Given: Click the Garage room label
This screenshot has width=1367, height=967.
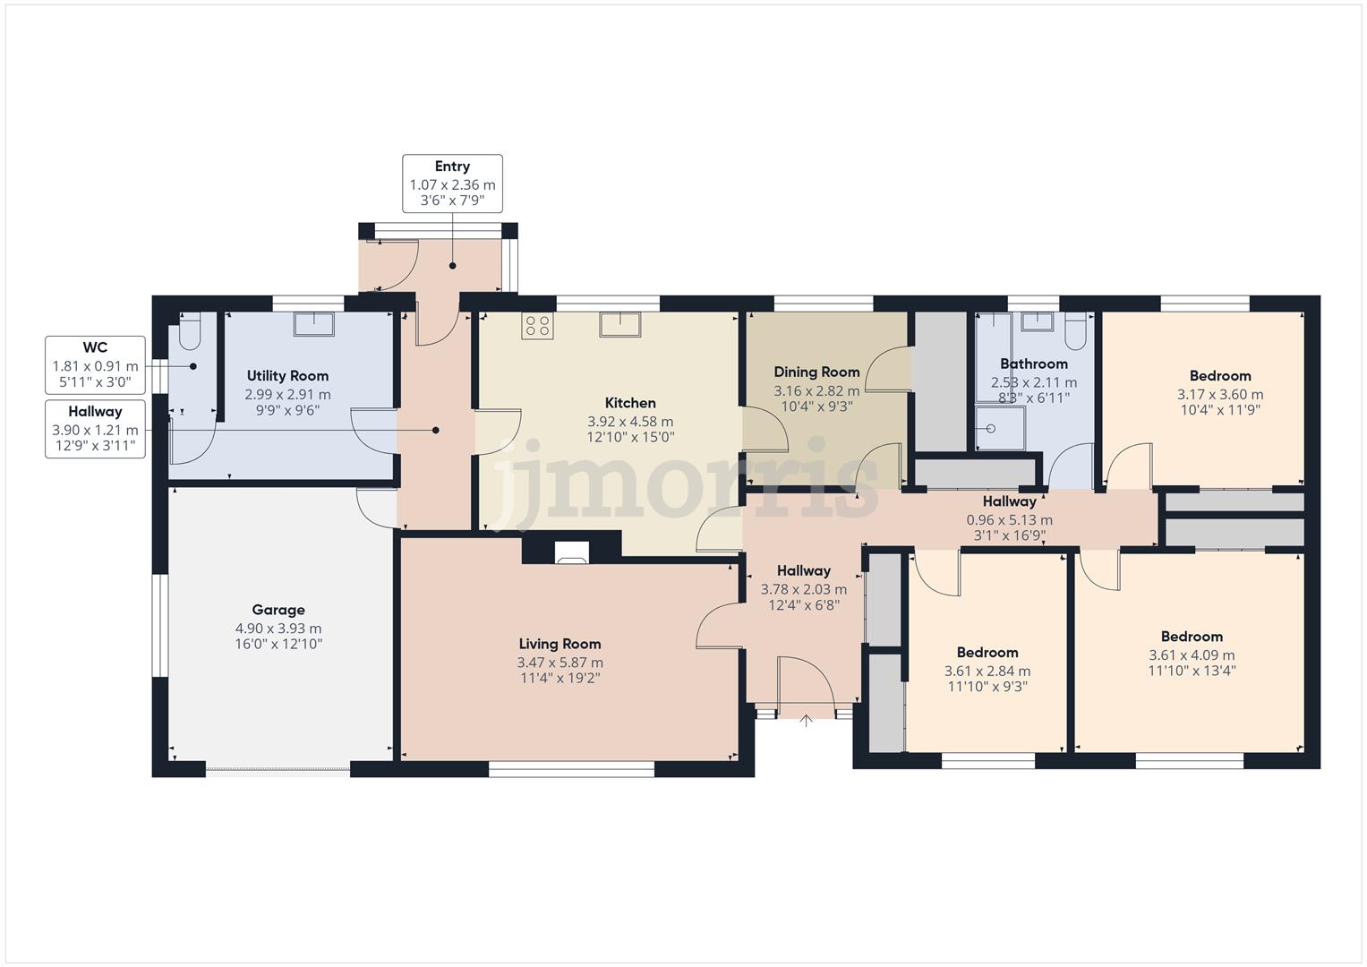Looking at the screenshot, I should click(278, 610).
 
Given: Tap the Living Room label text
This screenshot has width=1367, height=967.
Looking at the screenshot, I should click(560, 644).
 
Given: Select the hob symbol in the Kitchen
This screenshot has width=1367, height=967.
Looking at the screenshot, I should click(537, 326).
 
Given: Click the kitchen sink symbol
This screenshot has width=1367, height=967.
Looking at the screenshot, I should click(620, 324).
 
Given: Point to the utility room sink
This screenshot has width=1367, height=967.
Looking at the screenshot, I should click(313, 323).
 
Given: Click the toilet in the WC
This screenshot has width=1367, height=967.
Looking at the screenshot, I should click(190, 333).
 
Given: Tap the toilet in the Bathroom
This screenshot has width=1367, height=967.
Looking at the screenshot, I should click(1076, 332).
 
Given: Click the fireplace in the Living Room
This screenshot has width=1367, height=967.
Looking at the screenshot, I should click(571, 553).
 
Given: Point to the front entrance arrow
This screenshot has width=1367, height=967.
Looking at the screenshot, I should click(806, 720).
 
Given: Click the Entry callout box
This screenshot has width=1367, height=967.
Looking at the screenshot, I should click(452, 184).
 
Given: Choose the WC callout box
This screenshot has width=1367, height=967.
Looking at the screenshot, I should click(95, 365).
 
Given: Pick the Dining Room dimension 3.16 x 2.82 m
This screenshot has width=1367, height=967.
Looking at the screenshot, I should click(816, 390).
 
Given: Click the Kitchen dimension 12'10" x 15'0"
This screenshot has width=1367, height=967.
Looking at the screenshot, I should click(630, 437).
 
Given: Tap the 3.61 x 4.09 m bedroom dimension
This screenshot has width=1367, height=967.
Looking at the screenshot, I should click(1192, 655).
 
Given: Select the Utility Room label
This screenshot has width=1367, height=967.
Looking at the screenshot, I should click(287, 376).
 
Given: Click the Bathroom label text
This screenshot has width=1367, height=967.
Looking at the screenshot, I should click(1034, 364).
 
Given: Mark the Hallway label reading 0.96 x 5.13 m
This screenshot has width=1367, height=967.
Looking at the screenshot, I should click(1009, 519).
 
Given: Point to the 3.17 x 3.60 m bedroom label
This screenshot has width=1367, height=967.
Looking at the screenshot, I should click(1220, 394).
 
